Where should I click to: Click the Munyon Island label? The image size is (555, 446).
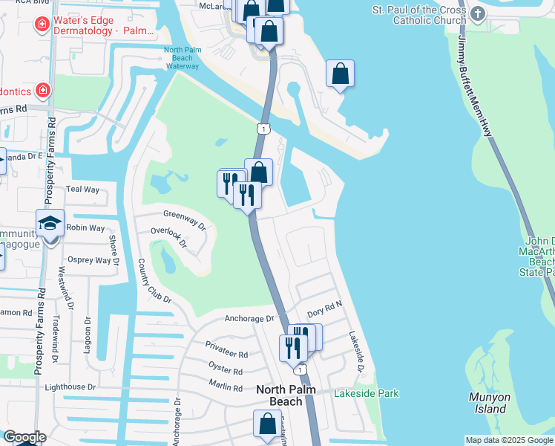point(489,402)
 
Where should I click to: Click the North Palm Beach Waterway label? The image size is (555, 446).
point(182,59)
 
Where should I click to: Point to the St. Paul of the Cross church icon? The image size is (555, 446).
point(477,13)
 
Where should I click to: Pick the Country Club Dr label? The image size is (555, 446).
point(155,281)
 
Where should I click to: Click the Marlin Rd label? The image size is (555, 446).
point(226,388)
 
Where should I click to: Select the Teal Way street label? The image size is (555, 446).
point(82,190)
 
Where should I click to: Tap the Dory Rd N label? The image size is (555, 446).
point(324,305)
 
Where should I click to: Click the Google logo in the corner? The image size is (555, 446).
point(24,437)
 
